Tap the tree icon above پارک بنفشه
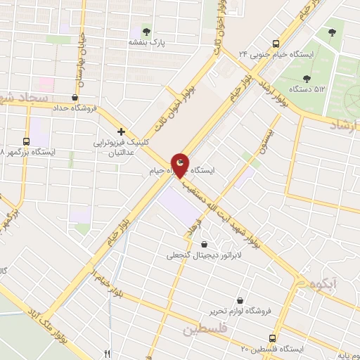146,31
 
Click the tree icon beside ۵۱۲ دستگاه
307,79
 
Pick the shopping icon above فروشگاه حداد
75,98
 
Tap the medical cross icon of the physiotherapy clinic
121,131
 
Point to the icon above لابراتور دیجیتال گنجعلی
204,245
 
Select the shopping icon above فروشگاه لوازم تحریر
241,300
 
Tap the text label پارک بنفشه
146,43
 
